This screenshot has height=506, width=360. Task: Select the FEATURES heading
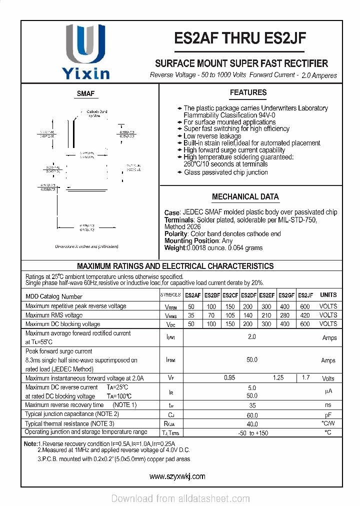[248, 92]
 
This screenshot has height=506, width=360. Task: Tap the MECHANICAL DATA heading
[245, 197]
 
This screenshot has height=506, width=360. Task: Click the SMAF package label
[85, 94]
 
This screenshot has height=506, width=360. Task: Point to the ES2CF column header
[230, 295]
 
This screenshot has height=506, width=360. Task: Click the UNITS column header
[328, 295]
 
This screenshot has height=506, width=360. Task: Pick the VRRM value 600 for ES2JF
[304, 306]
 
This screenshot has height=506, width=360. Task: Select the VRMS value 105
[230, 315]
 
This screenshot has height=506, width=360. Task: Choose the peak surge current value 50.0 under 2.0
[252, 360]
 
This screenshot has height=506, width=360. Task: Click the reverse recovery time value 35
[252, 405]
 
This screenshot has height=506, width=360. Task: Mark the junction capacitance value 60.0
[252, 415]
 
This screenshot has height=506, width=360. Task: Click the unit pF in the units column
[328, 415]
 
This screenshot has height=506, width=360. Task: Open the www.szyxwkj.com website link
[177, 476]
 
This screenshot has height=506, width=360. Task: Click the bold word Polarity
[176, 234]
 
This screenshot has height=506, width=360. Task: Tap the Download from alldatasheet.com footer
[180, 498]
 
